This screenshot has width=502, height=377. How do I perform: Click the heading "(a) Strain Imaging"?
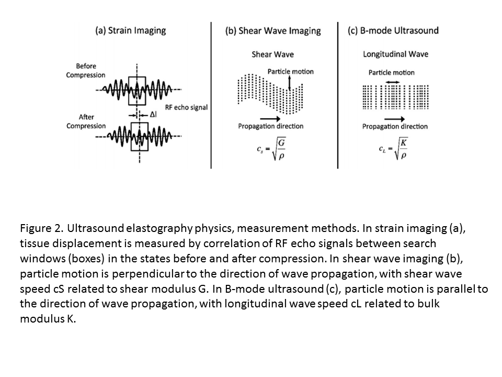pyautogui.click(x=130, y=30)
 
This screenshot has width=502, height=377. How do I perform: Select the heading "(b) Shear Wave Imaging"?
pyautogui.click(x=273, y=30)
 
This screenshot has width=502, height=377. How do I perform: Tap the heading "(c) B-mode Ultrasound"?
pyautogui.click(x=393, y=30)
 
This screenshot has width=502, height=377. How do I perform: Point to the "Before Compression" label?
pyautogui.click(x=86, y=71)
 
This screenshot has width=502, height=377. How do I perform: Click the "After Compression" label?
pyautogui.click(x=86, y=121)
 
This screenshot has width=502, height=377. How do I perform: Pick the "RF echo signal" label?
pyautogui.click(x=186, y=107)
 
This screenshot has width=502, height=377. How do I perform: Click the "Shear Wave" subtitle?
pyautogui.click(x=272, y=54)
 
